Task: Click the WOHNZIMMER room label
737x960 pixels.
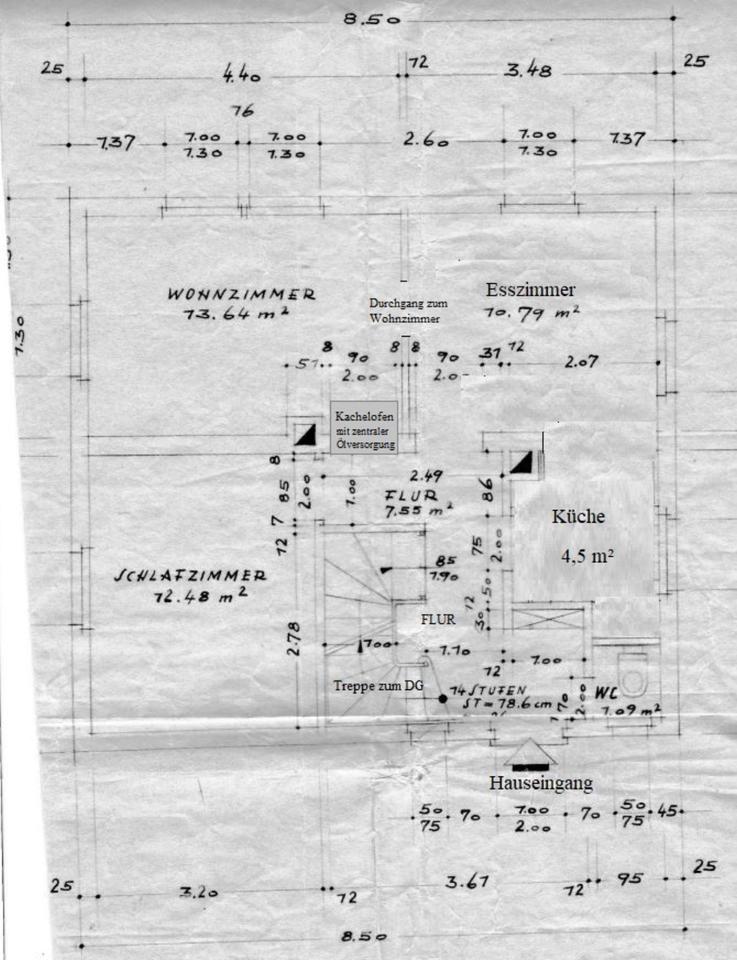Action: (241, 294)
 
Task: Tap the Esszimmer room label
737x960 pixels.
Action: (530, 290)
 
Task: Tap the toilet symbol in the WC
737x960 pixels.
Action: (633, 672)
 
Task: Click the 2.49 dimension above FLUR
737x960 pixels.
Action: (428, 475)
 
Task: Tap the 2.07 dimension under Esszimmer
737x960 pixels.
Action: (580, 362)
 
